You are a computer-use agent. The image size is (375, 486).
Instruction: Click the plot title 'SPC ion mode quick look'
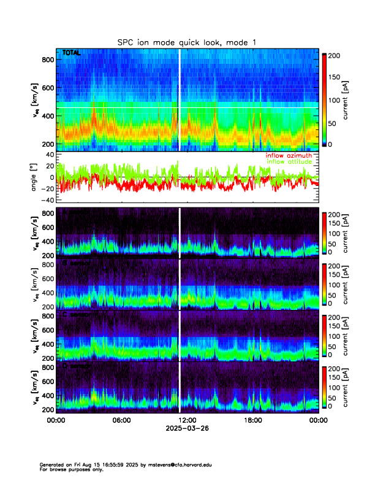[187, 42]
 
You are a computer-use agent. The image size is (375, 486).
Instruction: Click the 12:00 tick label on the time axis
[187, 420]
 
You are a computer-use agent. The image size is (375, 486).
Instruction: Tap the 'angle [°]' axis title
[35, 177]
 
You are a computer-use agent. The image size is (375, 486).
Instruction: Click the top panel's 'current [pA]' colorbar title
[354, 100]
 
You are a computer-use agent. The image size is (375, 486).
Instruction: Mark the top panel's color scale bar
[325, 100]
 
